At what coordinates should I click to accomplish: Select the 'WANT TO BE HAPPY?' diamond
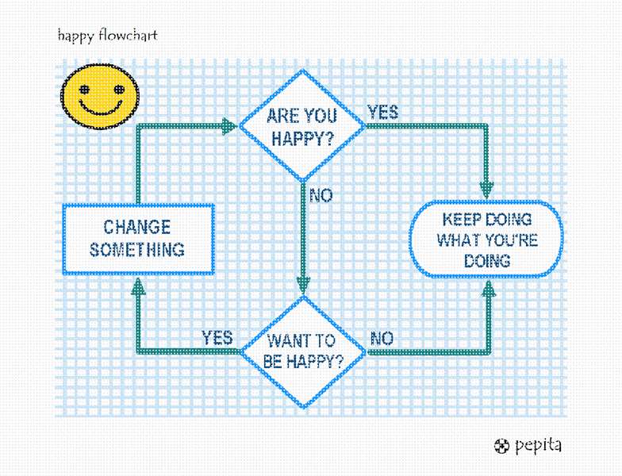point(302,351)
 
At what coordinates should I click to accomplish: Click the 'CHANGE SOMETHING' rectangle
point(138,239)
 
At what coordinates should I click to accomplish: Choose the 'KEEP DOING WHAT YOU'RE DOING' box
point(486,239)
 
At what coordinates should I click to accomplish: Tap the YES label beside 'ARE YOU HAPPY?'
point(383,113)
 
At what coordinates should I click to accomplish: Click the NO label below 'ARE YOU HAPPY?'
point(321,194)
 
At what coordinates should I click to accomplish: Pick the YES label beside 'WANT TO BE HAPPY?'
point(217,337)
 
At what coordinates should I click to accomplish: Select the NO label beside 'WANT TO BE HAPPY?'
point(382,339)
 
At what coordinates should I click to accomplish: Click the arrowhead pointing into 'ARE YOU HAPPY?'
point(229,126)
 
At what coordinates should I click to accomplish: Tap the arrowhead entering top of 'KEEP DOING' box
point(487,190)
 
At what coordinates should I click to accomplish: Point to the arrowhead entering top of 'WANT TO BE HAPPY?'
point(302,286)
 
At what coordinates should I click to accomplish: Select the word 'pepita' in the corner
point(538,445)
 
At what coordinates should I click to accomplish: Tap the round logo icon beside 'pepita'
point(501,446)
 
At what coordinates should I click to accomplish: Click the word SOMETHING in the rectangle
point(137,250)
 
